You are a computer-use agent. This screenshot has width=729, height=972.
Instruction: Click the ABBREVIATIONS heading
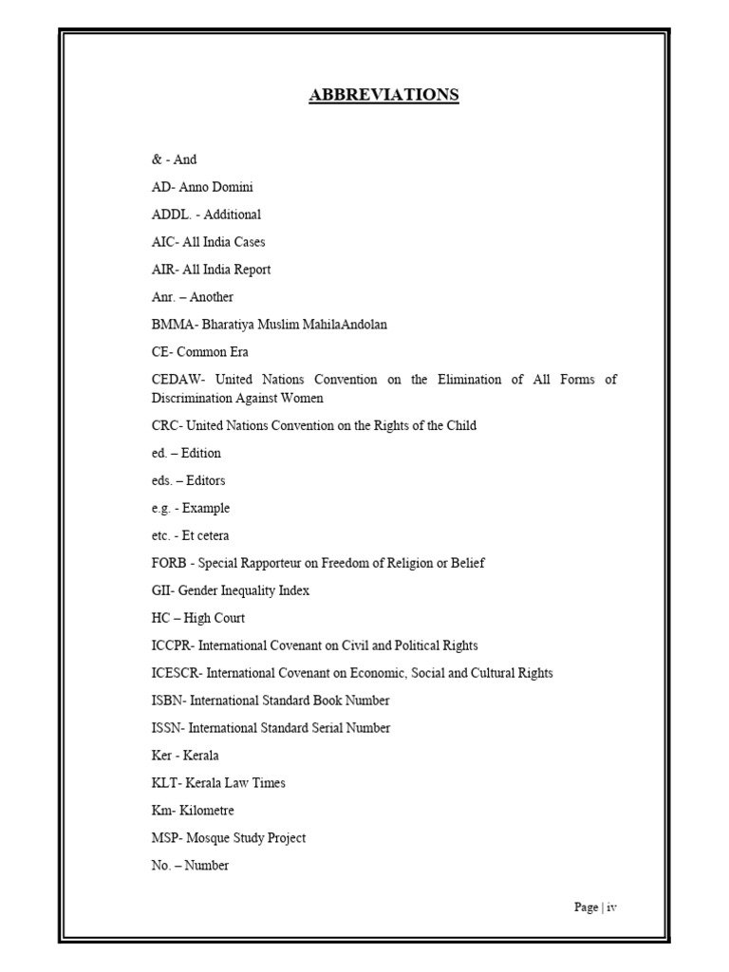point(383,94)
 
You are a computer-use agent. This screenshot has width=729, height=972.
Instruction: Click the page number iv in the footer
point(612,907)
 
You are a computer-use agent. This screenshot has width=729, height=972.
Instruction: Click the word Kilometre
point(207,811)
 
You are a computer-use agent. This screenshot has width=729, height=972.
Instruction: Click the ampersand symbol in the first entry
point(156,159)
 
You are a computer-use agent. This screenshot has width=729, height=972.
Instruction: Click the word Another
point(211,297)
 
